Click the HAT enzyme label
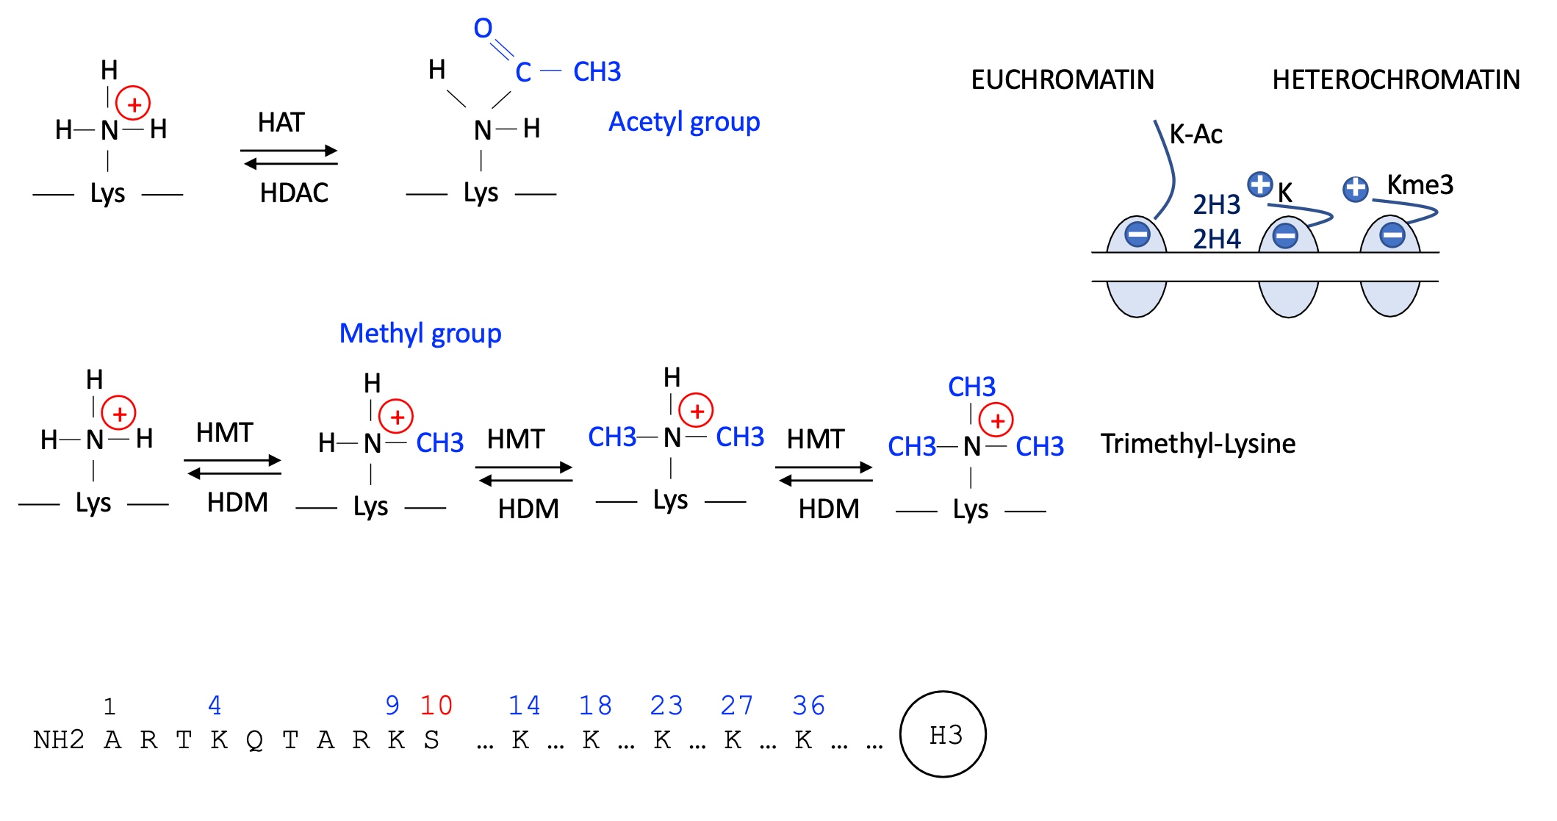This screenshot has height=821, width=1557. pos(281,123)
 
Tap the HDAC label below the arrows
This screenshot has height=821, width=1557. pos(294,193)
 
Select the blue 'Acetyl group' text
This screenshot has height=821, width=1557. pos(684,122)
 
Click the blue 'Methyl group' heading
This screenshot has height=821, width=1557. pos(420,334)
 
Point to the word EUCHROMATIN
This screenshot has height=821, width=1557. pos(1062,79)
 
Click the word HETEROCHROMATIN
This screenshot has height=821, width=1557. pos(1396,79)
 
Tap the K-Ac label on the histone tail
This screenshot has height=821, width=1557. pos(1195,135)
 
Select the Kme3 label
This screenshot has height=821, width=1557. pos(1420,184)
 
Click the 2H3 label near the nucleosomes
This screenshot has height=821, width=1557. pos(1216,204)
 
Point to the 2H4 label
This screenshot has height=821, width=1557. pos(1216,239)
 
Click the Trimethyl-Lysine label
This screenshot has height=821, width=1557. pos(1198,444)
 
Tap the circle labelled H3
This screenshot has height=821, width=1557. pos(943,734)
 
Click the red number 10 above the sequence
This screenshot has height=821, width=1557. pos(436,706)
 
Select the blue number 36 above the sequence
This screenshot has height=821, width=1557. pos(808,706)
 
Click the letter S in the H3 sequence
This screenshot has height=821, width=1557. pos(431,740)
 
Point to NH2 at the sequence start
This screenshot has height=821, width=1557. pos(59,740)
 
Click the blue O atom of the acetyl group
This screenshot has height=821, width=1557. pos(483,29)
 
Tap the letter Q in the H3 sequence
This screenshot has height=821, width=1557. pos(254,740)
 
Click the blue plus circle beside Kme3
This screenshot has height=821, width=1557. pos(1356,189)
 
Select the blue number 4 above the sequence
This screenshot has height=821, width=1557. pos(215,706)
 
